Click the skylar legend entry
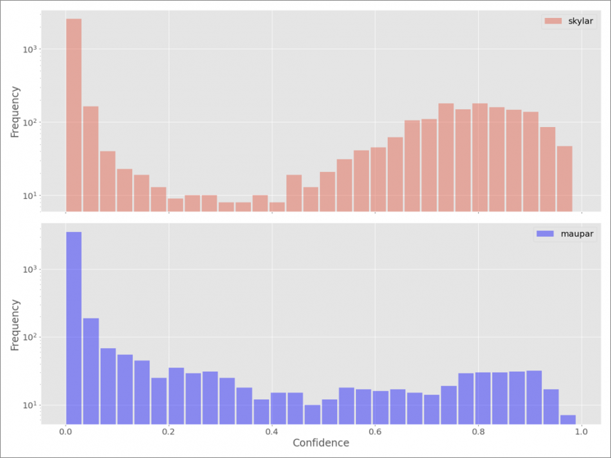coord(567,21)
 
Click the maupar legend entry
coord(564,233)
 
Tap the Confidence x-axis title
coord(321,442)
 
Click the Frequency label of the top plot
coord(15,111)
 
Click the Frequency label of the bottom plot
coord(15,324)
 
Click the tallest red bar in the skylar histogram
coord(74,115)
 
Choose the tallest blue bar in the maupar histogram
coord(74,328)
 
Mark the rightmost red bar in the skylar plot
coord(565,178)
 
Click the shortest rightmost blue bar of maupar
coord(568,419)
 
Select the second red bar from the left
coord(91,159)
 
